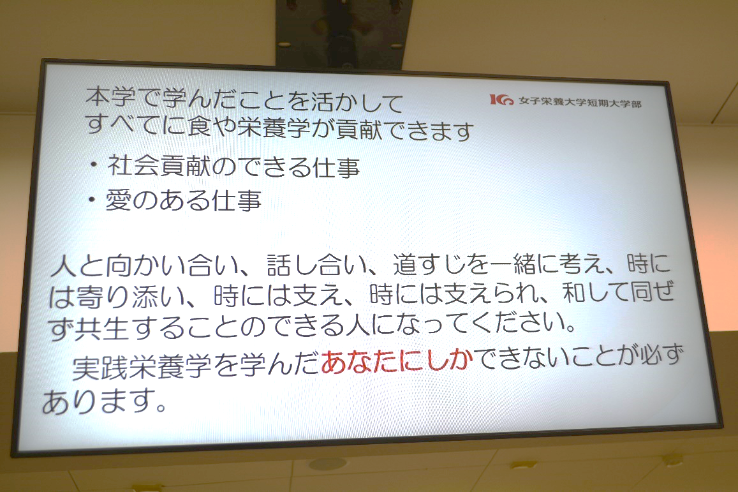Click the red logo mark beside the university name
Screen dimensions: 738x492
coord(501,100)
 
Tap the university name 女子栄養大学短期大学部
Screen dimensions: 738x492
coord(580,102)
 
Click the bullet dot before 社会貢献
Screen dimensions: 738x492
coord(94,165)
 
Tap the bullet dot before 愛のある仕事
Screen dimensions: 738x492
coord(92,200)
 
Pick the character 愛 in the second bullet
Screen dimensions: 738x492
coord(118,200)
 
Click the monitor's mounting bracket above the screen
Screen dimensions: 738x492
coord(343,34)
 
